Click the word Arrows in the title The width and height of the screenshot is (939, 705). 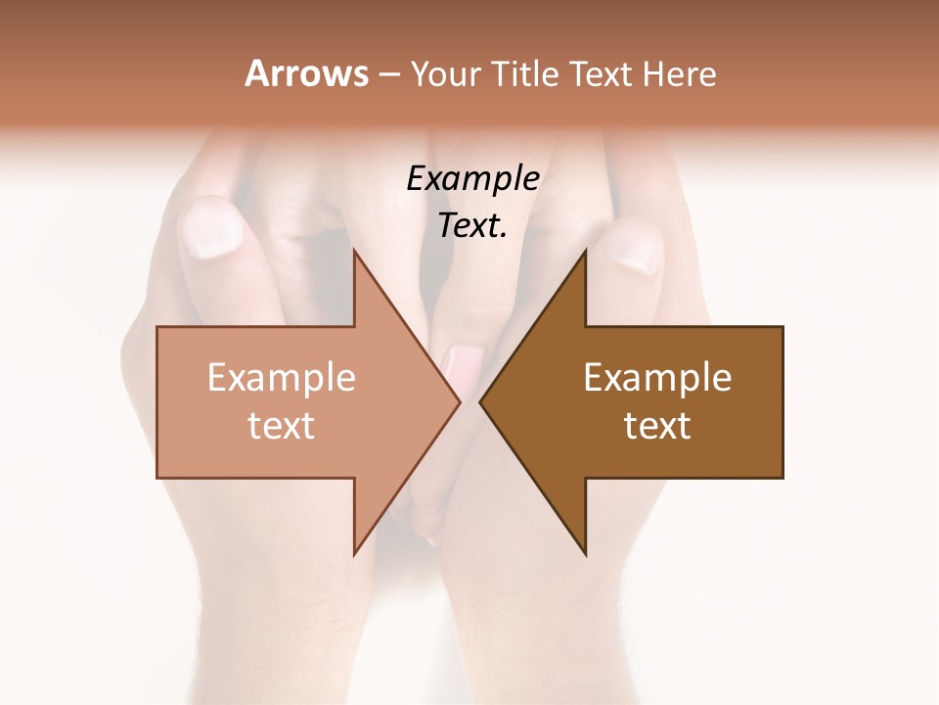point(306,73)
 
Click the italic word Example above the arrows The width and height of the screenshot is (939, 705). point(473,178)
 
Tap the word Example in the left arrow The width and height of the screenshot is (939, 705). point(282,377)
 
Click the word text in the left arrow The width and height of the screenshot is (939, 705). point(282,425)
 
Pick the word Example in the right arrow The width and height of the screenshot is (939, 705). point(657,377)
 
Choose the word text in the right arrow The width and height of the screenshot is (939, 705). point(657,425)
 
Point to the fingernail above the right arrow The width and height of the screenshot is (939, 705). point(630,248)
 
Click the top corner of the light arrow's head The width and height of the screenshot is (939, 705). point(354,251)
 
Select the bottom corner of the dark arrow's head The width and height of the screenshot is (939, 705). point(585,554)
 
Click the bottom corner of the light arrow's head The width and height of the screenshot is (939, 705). point(354,554)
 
